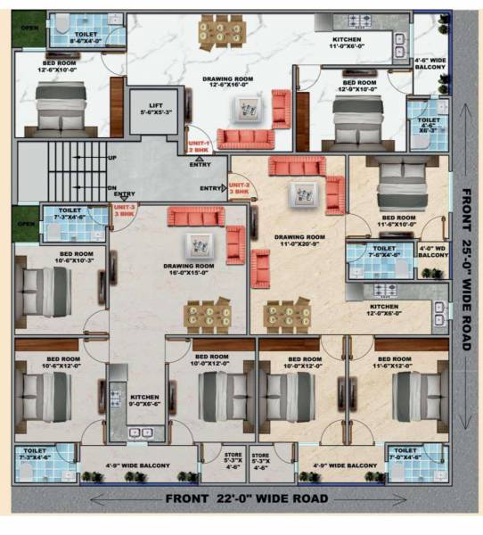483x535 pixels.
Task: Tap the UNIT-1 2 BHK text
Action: (x=199, y=146)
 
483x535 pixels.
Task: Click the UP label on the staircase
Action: (x=111, y=158)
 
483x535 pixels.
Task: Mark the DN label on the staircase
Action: (x=111, y=186)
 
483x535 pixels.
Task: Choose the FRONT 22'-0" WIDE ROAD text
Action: (x=240, y=498)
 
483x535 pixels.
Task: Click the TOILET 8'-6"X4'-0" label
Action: (x=86, y=36)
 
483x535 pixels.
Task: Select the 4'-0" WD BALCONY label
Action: (x=433, y=251)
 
